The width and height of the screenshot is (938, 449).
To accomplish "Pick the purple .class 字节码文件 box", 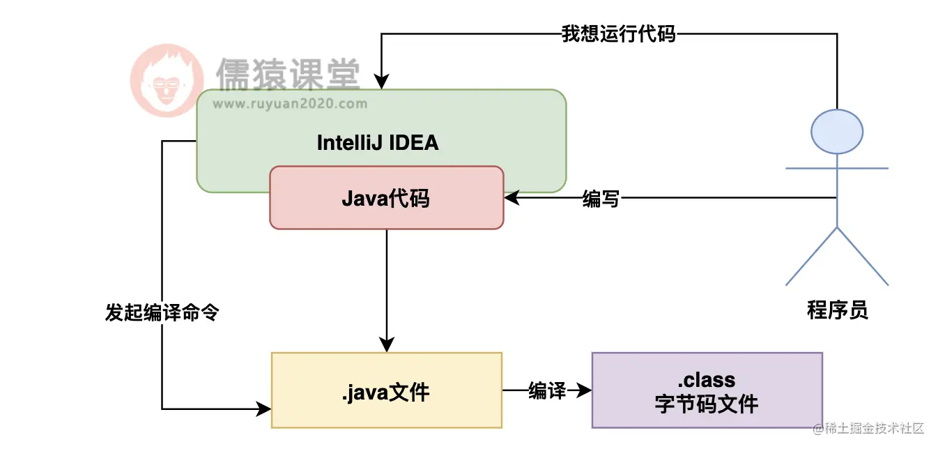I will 707,390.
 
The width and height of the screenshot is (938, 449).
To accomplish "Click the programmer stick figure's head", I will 837,131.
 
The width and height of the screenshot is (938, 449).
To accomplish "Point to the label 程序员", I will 837,310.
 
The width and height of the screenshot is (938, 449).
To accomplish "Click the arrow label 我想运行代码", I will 618,33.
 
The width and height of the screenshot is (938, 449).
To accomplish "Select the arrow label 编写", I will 600,199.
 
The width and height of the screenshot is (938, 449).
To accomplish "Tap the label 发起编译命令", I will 162,313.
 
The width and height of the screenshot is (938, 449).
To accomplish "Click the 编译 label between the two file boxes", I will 546,390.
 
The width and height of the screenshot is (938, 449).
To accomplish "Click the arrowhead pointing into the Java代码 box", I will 512,198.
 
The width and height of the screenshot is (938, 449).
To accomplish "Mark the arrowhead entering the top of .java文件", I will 387,345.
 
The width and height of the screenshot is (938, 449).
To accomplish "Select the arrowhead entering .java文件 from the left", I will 263,409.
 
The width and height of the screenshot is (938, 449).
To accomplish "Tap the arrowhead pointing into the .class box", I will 583,390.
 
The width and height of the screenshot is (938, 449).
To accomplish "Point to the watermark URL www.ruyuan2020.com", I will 289,104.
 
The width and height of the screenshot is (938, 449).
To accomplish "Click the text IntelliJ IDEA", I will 378,143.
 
